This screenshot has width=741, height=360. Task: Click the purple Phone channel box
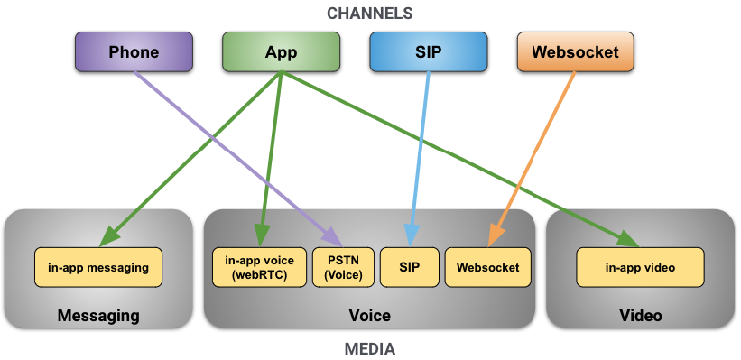tap(134, 51)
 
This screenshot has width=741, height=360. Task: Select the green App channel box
tap(281, 51)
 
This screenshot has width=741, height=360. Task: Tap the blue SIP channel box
tap(429, 51)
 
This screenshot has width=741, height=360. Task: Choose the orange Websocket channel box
tap(575, 51)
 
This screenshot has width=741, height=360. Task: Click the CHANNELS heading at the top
tap(371, 13)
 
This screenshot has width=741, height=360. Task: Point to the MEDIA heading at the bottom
tap(371, 348)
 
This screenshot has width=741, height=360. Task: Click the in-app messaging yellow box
tap(98, 267)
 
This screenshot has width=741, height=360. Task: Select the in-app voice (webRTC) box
tap(259, 267)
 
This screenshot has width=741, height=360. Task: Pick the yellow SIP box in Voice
tap(410, 267)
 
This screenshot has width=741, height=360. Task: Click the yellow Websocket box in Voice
tap(487, 267)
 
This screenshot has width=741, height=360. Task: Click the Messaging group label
tap(98, 315)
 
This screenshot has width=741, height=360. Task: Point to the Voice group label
tap(369, 315)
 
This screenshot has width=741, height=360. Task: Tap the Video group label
tap(640, 315)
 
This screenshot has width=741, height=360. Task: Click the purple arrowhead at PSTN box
tap(334, 238)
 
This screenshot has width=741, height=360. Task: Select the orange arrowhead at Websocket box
tap(495, 237)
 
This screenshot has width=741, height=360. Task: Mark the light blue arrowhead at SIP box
tap(411, 237)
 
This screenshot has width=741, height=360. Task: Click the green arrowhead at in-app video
tap(629, 238)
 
